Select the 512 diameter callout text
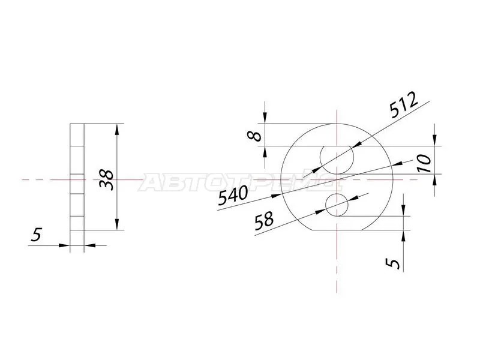403,107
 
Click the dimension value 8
256,135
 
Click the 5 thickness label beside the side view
37,236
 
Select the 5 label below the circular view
394,262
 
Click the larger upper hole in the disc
337,159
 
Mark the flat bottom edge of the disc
337,230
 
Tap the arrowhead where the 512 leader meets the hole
356,144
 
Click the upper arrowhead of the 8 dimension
265,119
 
